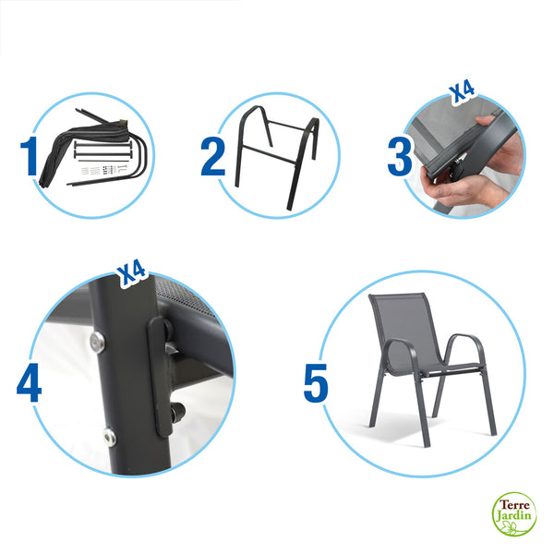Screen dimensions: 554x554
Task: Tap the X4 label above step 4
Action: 131,271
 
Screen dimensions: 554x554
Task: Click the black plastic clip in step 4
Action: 162,374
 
